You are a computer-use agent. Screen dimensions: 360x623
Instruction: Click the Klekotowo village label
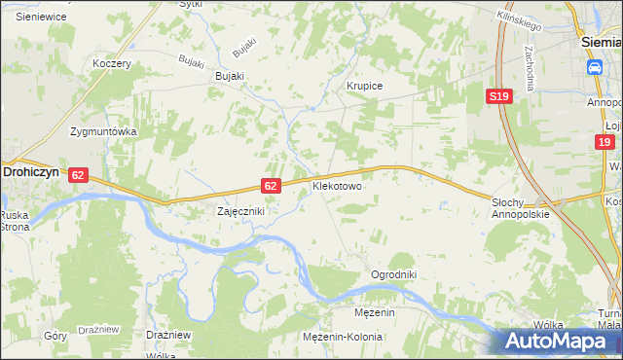[x=337, y=185]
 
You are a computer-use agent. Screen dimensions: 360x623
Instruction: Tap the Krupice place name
[x=365, y=86]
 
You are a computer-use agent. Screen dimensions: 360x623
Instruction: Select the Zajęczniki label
[x=239, y=210]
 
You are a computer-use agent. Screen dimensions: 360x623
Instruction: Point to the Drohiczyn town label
[x=33, y=169]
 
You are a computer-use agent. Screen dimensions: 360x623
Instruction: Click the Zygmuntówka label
[x=102, y=130]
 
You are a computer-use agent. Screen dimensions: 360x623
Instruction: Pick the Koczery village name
[x=111, y=63]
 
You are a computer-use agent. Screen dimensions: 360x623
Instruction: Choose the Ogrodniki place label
[x=393, y=274]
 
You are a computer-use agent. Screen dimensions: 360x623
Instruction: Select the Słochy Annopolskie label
[x=521, y=208]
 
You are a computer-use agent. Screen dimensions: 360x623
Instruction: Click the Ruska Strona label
[x=14, y=221]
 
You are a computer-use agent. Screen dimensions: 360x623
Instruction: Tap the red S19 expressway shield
[x=499, y=96]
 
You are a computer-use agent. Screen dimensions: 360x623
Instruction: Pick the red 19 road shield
[x=605, y=142]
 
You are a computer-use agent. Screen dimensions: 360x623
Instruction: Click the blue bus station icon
[x=593, y=66]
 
